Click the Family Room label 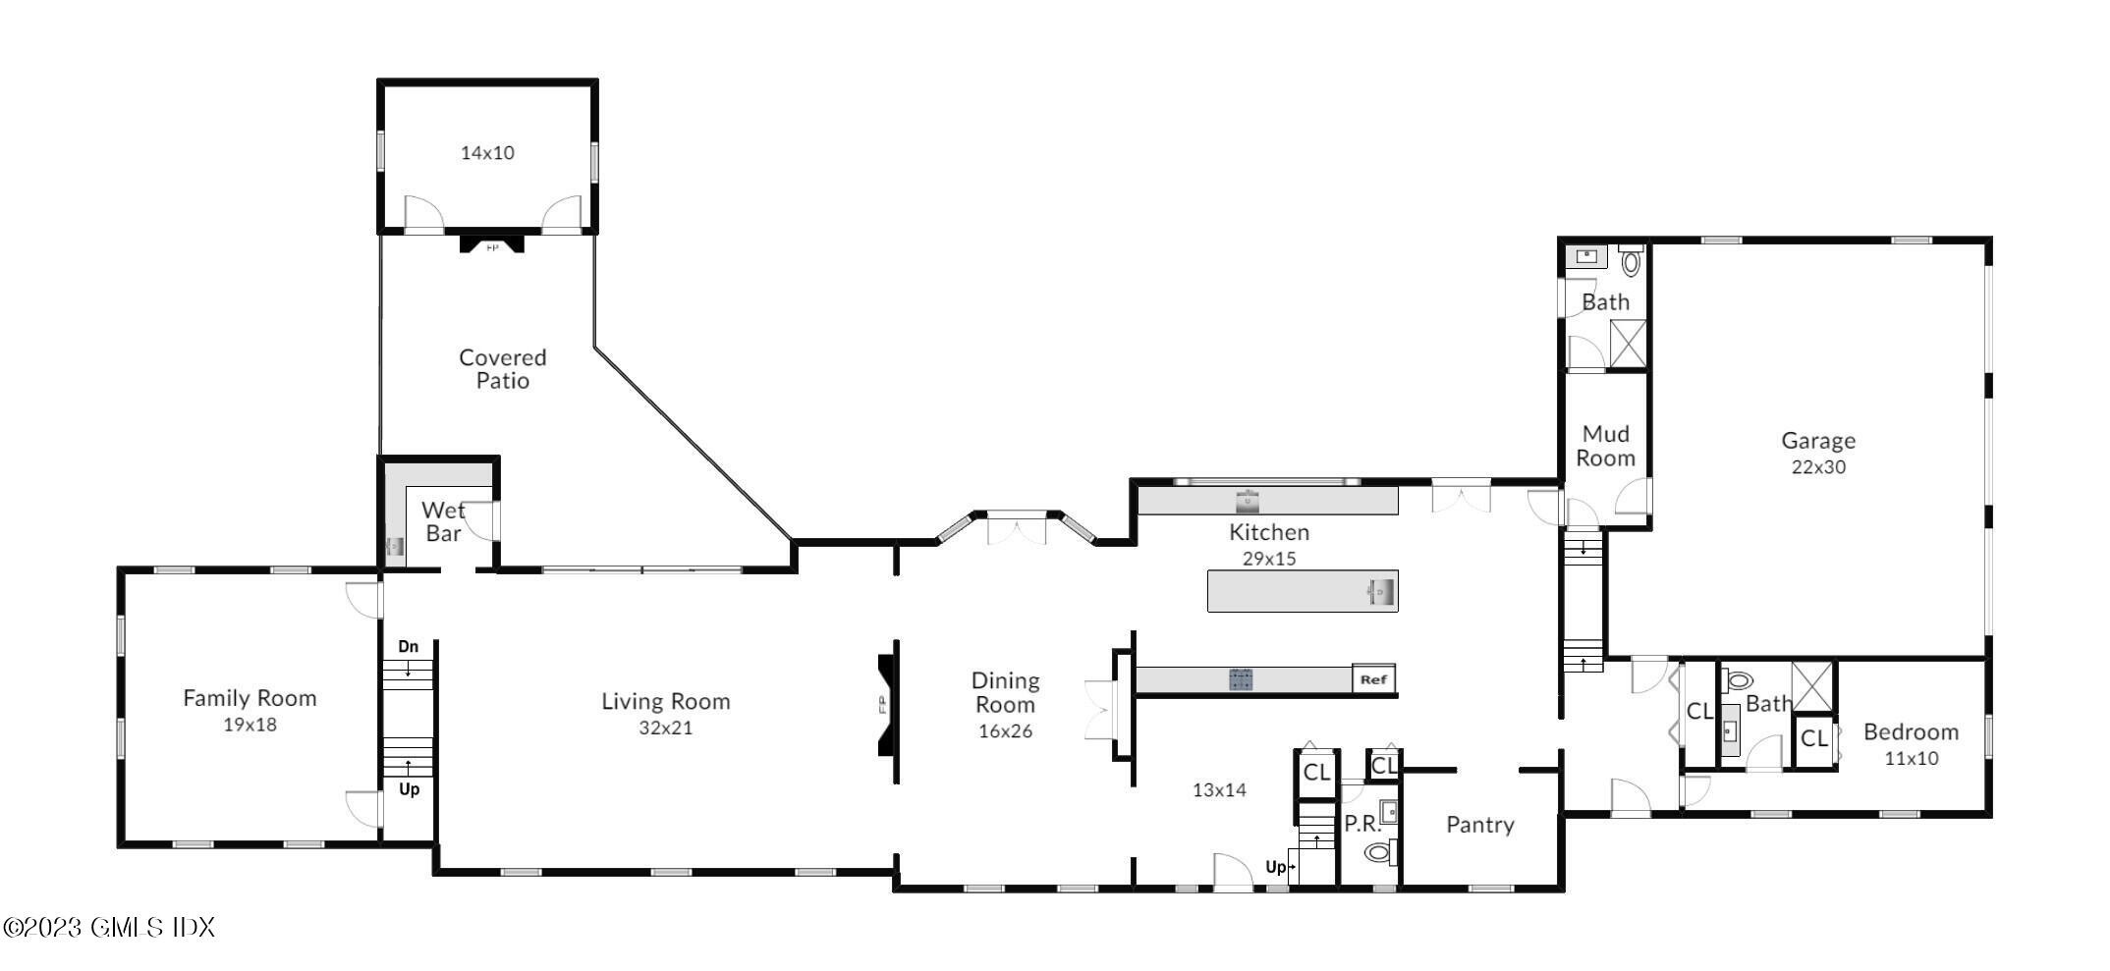pos(250,698)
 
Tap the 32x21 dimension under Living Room pos(665,728)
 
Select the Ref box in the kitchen pos(1373,679)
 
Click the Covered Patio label pos(502,369)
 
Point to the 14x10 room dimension pos(487,153)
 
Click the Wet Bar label pos(442,521)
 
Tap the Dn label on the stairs pos(408,647)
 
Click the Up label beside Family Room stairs pos(409,789)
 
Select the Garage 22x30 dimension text pos(1817,467)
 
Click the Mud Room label pos(1605,446)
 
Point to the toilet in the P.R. pos(1378,853)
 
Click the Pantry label pos(1479,825)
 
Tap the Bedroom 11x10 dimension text pos(1911,758)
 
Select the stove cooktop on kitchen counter pos(1241,679)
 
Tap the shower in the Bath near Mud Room pos(1627,344)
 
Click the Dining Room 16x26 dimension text pos(1005,731)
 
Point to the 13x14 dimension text pos(1219,789)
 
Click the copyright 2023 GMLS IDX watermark pos(109,927)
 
